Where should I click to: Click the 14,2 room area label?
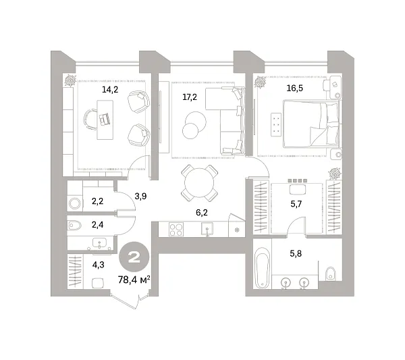coord(110,90)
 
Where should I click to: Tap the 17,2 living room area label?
coord(190,97)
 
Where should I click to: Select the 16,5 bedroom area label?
coord(295,88)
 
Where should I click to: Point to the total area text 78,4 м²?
coord(134,280)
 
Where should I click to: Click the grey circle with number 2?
coord(134,257)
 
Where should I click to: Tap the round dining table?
coord(199,183)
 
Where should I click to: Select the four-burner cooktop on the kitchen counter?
coord(176,230)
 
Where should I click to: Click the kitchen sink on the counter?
coord(207,229)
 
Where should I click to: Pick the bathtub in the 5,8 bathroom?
coord(262,267)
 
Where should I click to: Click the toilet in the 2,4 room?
coord(75,226)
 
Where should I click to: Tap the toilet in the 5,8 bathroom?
coord(331,274)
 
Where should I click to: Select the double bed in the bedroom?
coord(311,124)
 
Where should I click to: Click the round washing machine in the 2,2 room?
coord(75,204)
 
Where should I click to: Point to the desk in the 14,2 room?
coord(105,120)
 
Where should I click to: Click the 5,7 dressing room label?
coord(296,204)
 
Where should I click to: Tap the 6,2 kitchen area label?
coord(202,213)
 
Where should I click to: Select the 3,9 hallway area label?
coord(140,196)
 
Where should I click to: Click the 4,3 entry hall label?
coord(98,265)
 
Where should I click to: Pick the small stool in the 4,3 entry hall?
coord(98,283)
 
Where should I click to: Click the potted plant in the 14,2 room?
coord(70,80)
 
